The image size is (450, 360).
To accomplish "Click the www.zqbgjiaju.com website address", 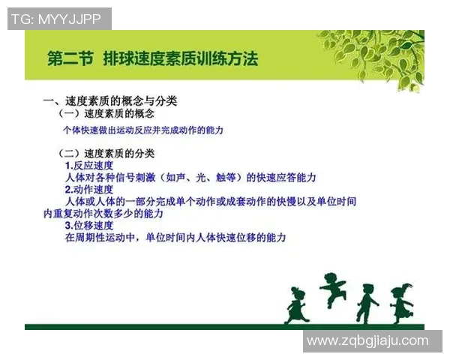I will click(x=367, y=341).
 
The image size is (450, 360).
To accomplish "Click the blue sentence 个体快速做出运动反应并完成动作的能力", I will click(x=144, y=130).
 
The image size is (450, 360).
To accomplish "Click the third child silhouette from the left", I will click(x=367, y=302).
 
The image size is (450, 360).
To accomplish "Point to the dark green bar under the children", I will click(x=225, y=326).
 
